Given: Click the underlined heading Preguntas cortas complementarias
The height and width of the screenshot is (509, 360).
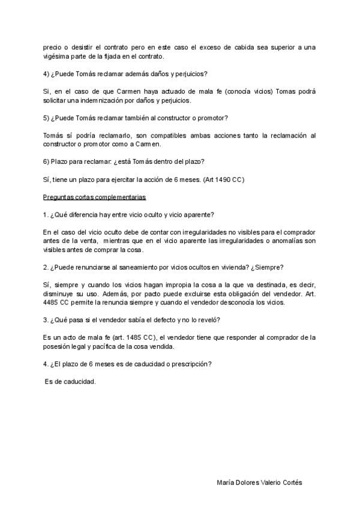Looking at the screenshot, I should (x=94, y=197).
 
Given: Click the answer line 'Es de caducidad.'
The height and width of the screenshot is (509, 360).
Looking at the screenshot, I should (x=70, y=382).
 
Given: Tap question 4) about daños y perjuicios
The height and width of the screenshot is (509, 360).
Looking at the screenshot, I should (x=126, y=74).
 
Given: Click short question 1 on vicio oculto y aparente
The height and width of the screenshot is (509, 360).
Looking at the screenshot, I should (x=129, y=214).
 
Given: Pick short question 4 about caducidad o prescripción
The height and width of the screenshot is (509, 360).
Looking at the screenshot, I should (x=128, y=364).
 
